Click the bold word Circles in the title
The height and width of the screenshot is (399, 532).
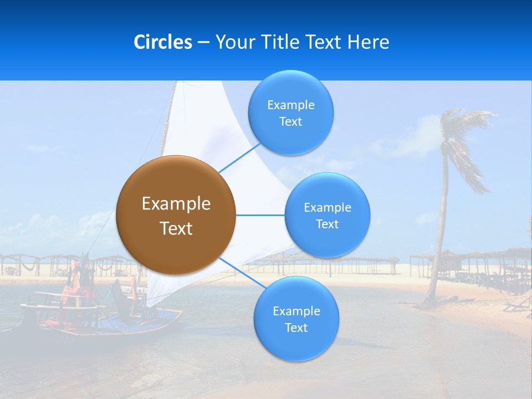(162, 42)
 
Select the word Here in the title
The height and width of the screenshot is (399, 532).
(368, 42)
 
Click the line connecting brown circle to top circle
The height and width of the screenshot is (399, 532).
(239, 158)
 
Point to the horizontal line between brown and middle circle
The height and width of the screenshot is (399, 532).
(260, 215)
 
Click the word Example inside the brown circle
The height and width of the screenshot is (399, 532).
(176, 203)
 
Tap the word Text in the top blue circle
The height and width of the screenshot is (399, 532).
(290, 122)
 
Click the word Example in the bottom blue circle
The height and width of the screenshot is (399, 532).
(296, 311)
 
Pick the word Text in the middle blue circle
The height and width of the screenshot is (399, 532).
(327, 224)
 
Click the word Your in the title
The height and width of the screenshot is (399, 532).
(233, 42)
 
